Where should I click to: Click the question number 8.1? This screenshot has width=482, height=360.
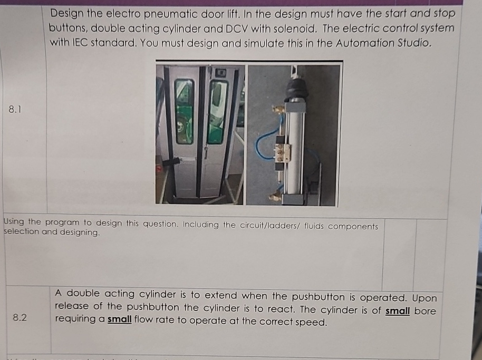pyautogui.click(x=16, y=110)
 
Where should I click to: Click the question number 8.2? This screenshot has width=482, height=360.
pyautogui.click(x=20, y=317)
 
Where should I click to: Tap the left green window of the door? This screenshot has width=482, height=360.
pyautogui.click(x=184, y=111)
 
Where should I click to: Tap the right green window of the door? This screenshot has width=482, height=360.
pyautogui.click(x=217, y=111)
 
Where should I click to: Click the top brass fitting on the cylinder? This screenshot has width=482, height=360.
pyautogui.click(x=277, y=109)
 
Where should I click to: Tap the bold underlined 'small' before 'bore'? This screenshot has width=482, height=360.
pyautogui.click(x=398, y=310)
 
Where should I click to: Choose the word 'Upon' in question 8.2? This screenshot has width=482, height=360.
pyautogui.click(x=426, y=298)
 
